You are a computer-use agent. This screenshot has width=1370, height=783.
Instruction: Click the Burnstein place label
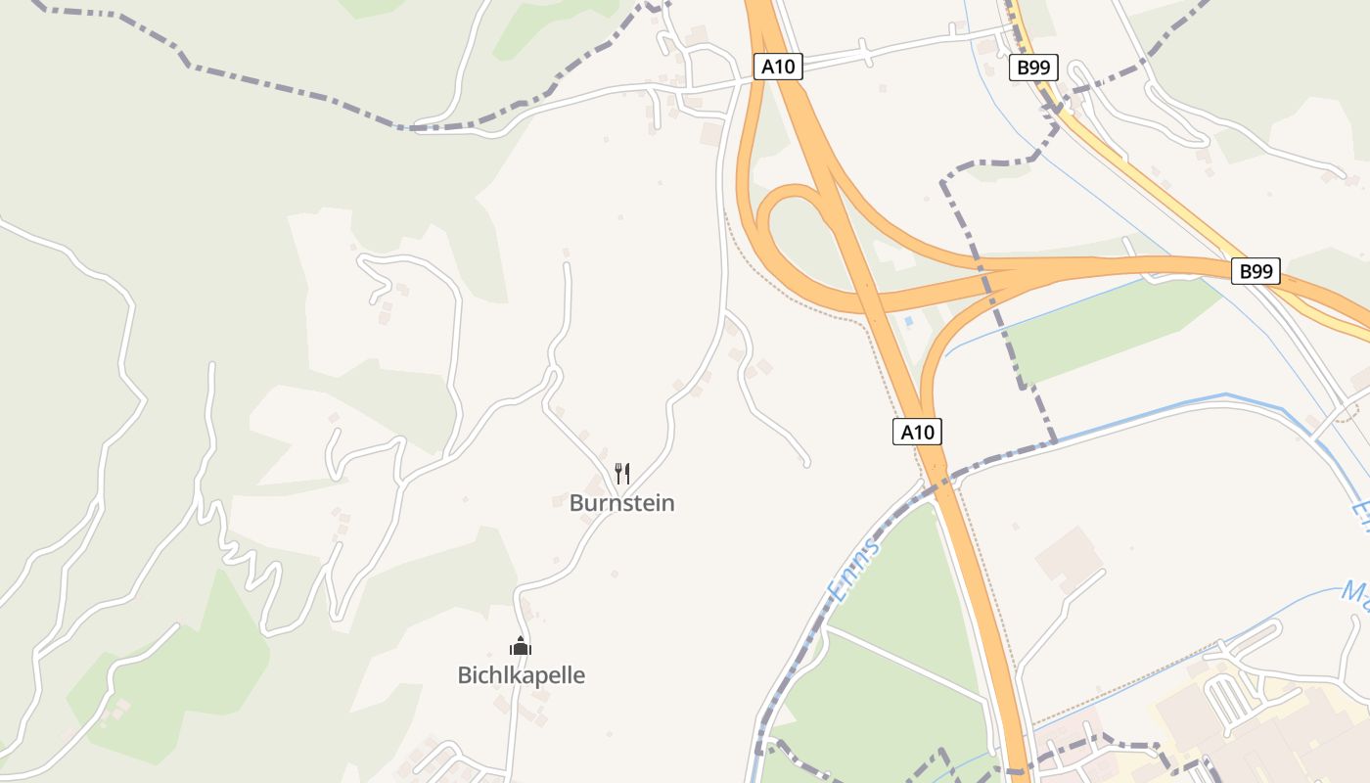point(621,503)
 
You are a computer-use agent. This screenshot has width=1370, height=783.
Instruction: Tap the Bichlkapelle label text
point(521,675)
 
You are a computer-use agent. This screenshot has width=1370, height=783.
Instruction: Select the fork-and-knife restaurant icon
point(621,474)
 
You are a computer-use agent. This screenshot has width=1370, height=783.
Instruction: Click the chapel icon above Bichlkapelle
point(521,646)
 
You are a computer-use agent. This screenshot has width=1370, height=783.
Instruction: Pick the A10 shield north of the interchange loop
point(778,67)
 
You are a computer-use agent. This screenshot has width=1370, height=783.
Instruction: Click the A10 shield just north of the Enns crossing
point(917,432)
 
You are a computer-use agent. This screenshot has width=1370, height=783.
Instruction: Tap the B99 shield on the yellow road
point(1033,68)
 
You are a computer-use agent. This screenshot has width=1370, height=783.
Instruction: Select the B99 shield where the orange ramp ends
point(1256,271)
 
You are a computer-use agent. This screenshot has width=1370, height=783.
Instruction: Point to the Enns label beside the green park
point(852,568)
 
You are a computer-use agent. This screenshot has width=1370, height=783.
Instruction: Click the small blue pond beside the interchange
point(909,320)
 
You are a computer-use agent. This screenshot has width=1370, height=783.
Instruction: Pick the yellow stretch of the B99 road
point(1135,176)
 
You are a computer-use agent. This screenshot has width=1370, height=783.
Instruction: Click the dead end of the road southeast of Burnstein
point(807,462)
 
